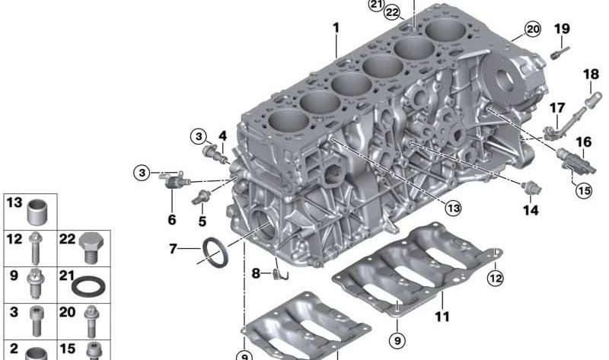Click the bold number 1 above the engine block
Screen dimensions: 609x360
coord(336,28)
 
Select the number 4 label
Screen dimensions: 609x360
coord(222,136)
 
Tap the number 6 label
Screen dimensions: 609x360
coord(172,220)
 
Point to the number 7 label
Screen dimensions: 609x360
coord(173,249)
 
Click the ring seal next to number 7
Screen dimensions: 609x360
coord(215,253)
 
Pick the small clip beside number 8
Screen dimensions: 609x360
coord(280,274)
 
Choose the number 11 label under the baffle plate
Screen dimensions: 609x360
coord(442,317)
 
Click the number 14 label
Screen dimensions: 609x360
coord(531,210)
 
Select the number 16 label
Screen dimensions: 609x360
coord(583,142)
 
